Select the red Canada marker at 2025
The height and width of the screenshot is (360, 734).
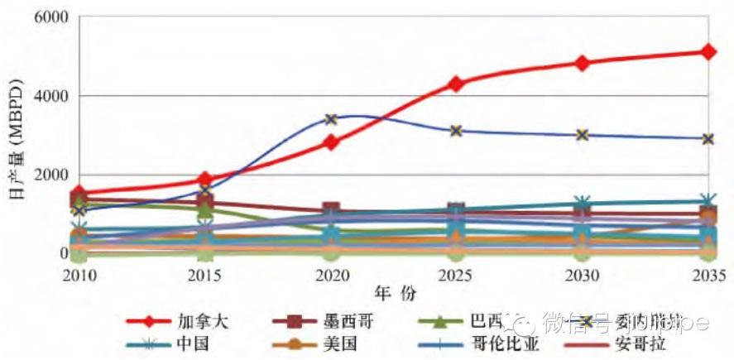tap(457, 84)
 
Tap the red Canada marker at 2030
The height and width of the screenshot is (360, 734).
tap(583, 63)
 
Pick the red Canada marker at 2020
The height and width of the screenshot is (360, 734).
tap(331, 142)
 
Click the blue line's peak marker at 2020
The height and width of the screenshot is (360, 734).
tap(331, 119)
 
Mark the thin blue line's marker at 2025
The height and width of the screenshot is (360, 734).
tap(457, 131)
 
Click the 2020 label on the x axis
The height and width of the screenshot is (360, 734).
tap(331, 274)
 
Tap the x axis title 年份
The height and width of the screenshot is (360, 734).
tap(396, 293)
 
